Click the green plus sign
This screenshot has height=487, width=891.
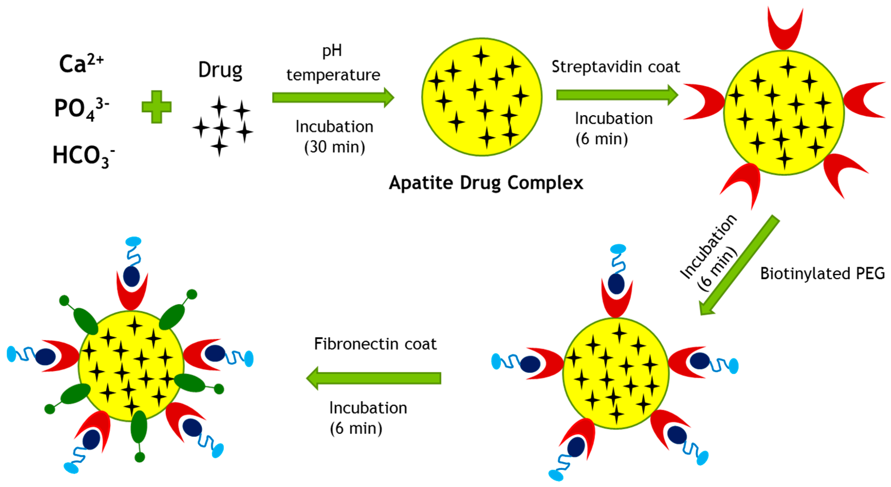coord(156,107)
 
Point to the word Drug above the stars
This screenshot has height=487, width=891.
coord(220,71)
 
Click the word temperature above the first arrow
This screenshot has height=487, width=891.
coord(333,75)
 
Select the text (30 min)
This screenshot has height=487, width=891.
coord(334,147)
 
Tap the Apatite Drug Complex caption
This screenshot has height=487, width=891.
coord(486,183)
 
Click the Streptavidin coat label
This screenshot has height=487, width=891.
coord(615,67)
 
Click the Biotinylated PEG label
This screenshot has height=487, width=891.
coord(822,274)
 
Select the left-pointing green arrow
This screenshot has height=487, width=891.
coord(373,378)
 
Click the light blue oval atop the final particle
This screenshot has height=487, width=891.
coord(134,241)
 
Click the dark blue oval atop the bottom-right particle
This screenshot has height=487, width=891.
coord(616,284)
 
